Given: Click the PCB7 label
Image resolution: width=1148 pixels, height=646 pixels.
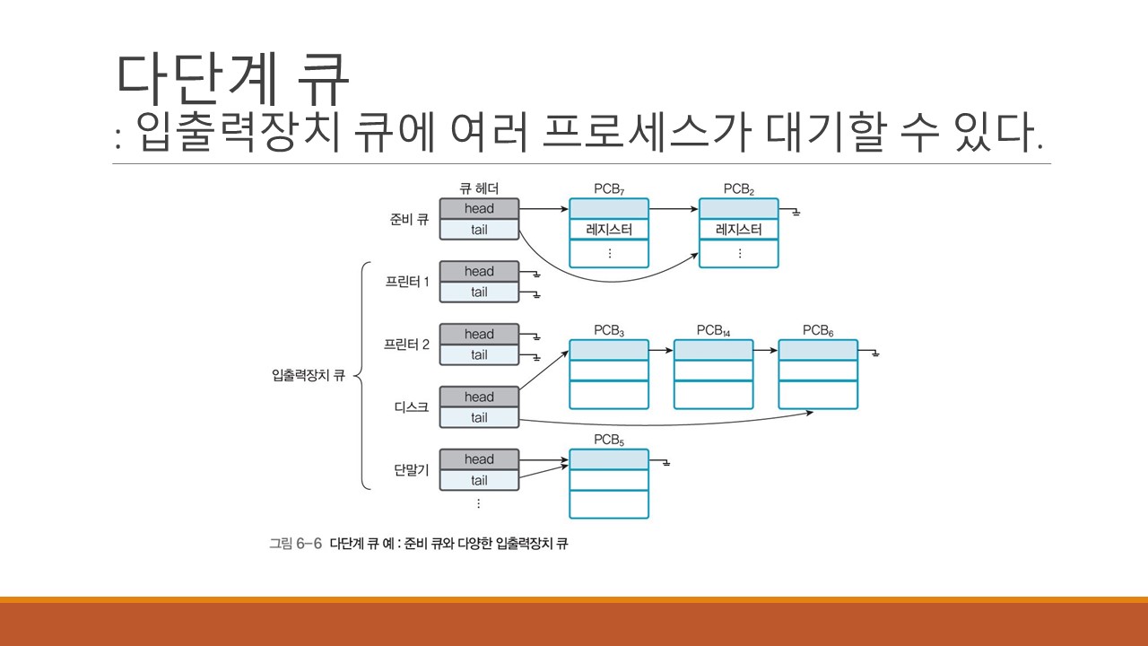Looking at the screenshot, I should coord(609,189).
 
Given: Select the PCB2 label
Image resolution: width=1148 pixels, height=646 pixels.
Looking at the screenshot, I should coord(739,189).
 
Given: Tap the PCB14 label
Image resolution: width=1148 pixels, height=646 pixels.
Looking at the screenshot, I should coord(713,330).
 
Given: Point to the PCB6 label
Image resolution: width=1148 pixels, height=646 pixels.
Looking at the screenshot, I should coord(818,330).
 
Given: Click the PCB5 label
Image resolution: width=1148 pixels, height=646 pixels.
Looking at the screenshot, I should coord(609,440).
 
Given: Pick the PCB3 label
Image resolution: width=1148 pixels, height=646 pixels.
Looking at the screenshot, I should coord(609,330).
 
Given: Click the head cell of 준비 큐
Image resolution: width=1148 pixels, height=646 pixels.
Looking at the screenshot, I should coord(479,209).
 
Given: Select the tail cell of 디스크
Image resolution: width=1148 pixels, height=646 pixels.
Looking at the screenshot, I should coord(479,417).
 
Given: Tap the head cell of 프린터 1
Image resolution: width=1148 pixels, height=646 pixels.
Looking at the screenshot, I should coord(479,271).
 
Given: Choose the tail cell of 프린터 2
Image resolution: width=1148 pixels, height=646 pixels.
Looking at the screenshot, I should coord(479,354).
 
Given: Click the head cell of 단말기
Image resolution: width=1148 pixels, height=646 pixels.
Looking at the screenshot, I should coord(479,459).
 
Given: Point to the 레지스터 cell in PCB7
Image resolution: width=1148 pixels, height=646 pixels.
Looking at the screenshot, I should coord(609,230).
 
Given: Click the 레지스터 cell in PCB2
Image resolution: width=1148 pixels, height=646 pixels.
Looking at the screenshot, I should coord(739,230).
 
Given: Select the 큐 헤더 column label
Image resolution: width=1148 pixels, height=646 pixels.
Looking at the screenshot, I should coord(479,188).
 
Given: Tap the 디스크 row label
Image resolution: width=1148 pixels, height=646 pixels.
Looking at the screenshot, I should coord(412,407).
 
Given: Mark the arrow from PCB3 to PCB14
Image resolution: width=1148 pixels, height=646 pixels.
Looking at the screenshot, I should coord(661,350).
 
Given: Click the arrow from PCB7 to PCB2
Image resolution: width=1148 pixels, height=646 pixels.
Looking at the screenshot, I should coord(674,209).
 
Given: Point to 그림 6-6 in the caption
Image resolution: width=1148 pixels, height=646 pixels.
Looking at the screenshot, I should coord(295,544).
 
